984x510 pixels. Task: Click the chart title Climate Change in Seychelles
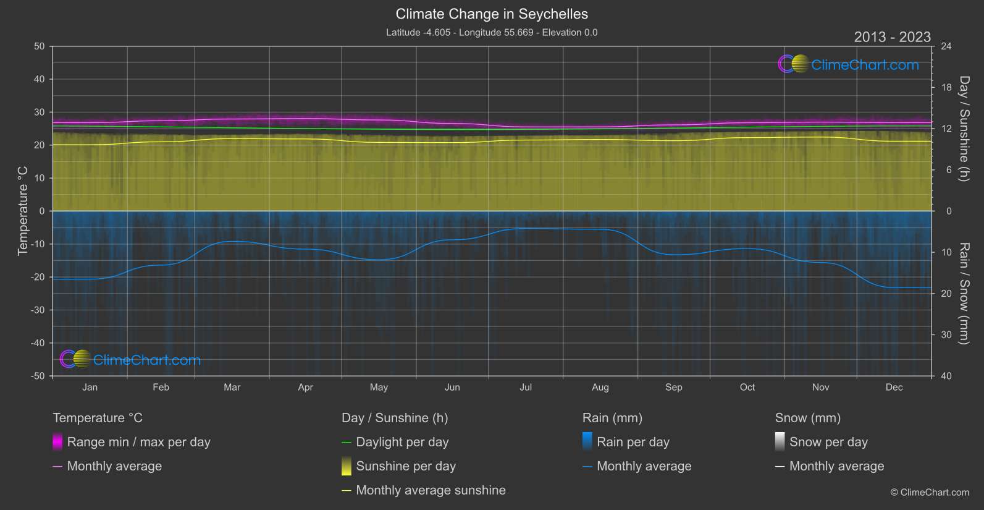click(x=492, y=14)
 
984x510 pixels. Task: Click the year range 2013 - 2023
click(x=891, y=37)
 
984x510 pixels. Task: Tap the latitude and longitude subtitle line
click(x=492, y=32)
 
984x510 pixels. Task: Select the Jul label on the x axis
click(x=526, y=387)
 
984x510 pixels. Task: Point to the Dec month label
click(x=894, y=387)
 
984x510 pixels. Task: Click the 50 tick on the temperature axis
click(x=40, y=46)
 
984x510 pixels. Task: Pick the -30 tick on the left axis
click(x=38, y=310)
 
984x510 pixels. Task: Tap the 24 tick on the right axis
click(x=946, y=46)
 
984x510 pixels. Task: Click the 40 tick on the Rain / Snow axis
click(x=946, y=376)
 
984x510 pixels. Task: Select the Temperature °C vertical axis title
click(x=23, y=210)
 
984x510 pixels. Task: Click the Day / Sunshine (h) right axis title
click(x=964, y=129)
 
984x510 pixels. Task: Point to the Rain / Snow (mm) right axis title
click(x=964, y=293)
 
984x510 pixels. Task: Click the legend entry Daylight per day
click(x=402, y=442)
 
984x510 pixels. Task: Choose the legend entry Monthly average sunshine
click(x=431, y=490)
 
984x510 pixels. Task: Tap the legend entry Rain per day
click(x=633, y=442)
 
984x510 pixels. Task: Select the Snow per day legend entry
click(x=828, y=442)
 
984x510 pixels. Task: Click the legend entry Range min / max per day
click(x=138, y=442)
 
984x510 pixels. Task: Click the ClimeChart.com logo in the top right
click(x=849, y=64)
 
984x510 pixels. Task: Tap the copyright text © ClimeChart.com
click(x=929, y=492)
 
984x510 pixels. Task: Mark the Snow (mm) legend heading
click(x=807, y=418)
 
